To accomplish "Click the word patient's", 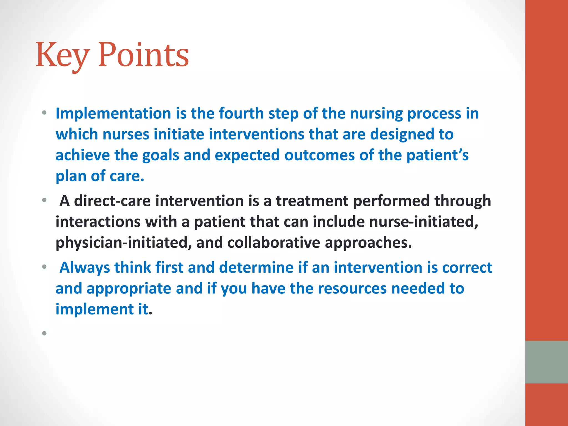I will tap(437, 155).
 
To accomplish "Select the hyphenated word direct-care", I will tap(112, 201).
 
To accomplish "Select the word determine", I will tap(256, 268).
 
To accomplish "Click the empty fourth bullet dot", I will tap(44, 333).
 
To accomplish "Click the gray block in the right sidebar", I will tap(546, 362).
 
